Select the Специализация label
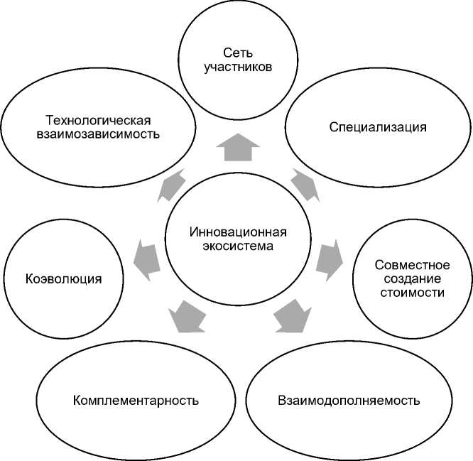[x=378, y=127]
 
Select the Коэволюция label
[x=64, y=278]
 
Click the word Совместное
[x=413, y=264]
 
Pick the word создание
[x=413, y=278]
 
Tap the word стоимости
[x=413, y=292]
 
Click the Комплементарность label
[x=136, y=399]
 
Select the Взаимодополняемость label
[x=349, y=399]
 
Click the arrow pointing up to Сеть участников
[x=237, y=148]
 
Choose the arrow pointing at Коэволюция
[x=148, y=259]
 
